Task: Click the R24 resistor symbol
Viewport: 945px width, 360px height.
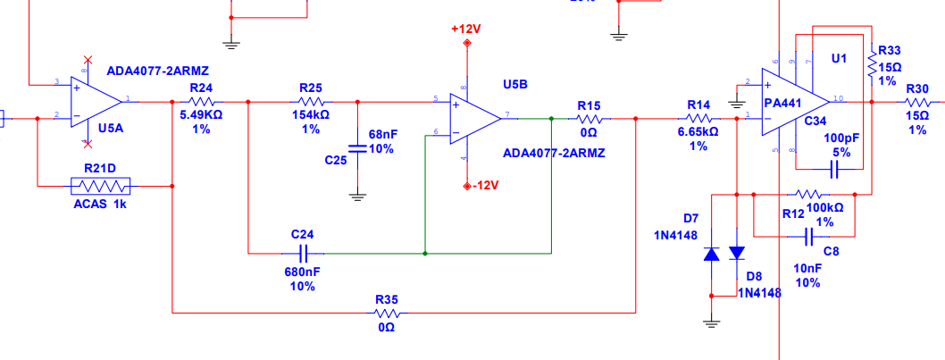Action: tap(201, 101)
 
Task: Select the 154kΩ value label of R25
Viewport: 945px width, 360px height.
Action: tap(310, 115)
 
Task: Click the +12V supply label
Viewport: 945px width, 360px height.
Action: tap(466, 29)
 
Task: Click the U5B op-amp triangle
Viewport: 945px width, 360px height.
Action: tap(474, 117)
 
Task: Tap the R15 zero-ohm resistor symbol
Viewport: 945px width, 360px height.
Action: tap(587, 117)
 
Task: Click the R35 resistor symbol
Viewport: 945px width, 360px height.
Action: tap(387, 313)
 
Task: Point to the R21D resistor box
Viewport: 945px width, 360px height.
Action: tap(100, 186)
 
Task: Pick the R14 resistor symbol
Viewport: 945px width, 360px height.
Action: tap(698, 117)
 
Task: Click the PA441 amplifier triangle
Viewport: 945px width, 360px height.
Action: tap(792, 102)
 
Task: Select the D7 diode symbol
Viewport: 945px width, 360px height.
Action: tap(712, 254)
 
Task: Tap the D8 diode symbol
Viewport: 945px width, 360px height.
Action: tap(736, 254)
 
